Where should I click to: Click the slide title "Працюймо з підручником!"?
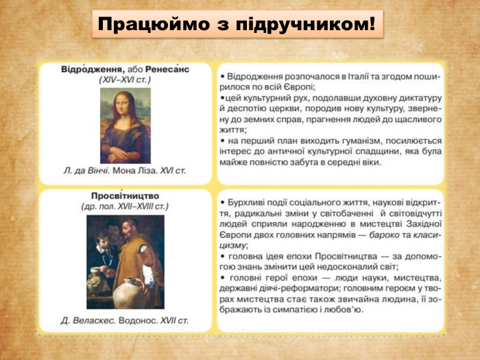point(237,25)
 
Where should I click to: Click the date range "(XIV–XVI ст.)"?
point(125,81)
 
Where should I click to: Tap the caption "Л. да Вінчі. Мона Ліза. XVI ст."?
point(124,170)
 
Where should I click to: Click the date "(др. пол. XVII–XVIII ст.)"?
point(125,206)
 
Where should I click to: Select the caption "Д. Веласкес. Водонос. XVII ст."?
point(124,320)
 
